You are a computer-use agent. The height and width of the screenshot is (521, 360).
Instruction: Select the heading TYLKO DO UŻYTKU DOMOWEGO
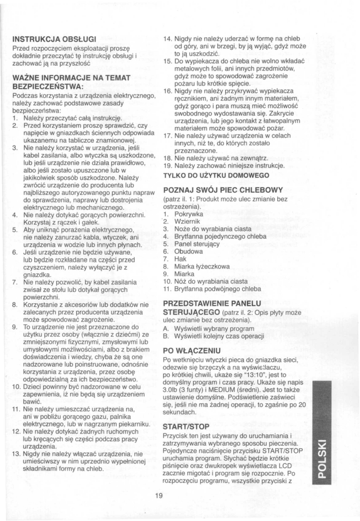pyautogui.click(x=216, y=175)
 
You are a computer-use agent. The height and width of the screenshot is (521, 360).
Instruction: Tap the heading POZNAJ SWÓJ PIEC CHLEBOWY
pyautogui.click(x=223, y=190)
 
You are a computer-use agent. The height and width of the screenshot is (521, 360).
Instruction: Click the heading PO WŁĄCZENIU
pyautogui.click(x=192, y=351)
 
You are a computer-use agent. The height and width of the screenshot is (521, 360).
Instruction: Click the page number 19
pyautogui.click(x=159, y=496)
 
